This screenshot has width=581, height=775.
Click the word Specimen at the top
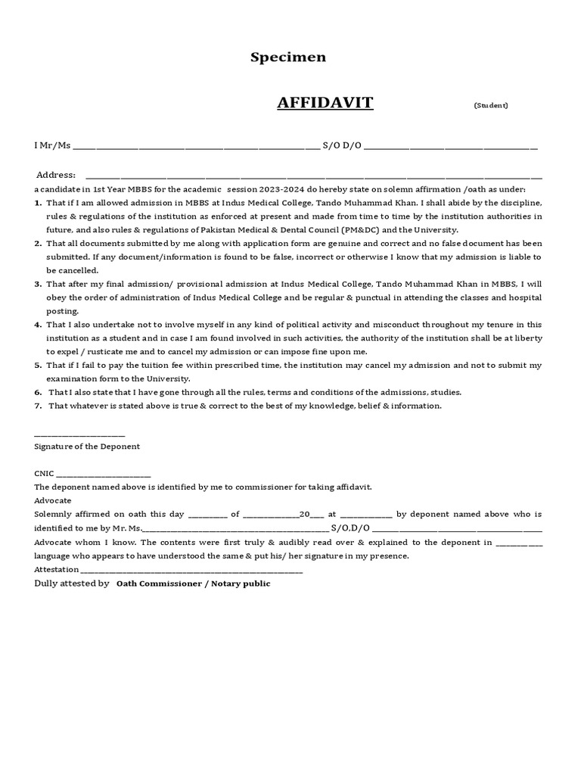(288, 58)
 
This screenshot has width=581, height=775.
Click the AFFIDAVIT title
(325, 102)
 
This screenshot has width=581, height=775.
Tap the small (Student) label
(491, 105)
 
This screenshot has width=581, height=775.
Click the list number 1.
(37, 203)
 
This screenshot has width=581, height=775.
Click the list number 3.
(37, 284)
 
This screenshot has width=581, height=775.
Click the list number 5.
(37, 365)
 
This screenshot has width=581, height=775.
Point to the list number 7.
(37, 406)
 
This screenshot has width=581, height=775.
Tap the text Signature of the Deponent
(87, 447)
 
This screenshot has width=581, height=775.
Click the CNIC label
(44, 474)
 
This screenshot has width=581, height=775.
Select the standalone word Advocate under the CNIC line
(53, 500)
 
